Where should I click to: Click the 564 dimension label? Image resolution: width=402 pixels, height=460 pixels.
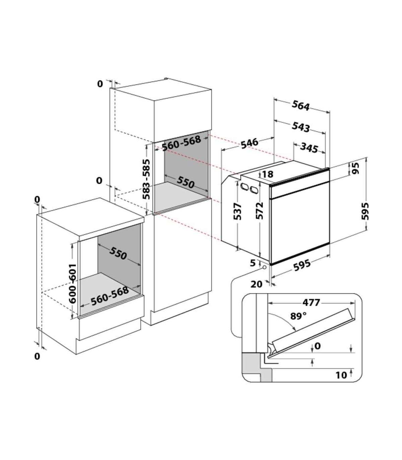coord(301,106)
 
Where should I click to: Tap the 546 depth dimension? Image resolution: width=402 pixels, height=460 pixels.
coord(249,143)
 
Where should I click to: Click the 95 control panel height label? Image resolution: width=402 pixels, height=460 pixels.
coord(355,169)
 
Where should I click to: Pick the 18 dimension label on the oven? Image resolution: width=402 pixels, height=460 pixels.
coord(267,174)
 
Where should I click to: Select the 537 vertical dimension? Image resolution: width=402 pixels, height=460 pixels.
coord(238,212)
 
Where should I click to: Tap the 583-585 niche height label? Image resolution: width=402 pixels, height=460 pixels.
coord(146,179)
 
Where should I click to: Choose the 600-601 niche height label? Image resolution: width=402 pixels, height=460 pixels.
coord(73,284)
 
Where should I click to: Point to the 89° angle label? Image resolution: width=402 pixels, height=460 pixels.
coord(298,316)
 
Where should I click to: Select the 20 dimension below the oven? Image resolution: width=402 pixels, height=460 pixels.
coord(256,284)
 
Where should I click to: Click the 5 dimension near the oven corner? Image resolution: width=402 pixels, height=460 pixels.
coord(253,263)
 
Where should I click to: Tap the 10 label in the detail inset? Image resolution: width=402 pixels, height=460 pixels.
coord(341,375)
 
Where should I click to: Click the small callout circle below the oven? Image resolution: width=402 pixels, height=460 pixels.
coord(264,267)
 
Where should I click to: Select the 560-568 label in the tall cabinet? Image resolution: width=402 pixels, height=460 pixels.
coord(182,143)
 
